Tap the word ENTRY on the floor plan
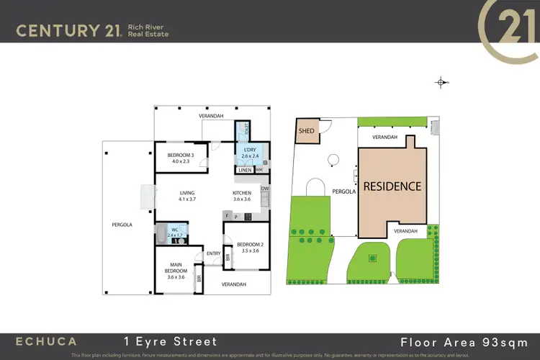coord(213,253)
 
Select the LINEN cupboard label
coord(244,171)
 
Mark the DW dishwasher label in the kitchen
coord(265,189)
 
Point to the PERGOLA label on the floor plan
coord(122,225)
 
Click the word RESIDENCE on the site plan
coord(392,186)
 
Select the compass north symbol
coord(441,83)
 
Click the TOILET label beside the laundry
coord(246,130)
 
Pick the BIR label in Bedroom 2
coord(228,256)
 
